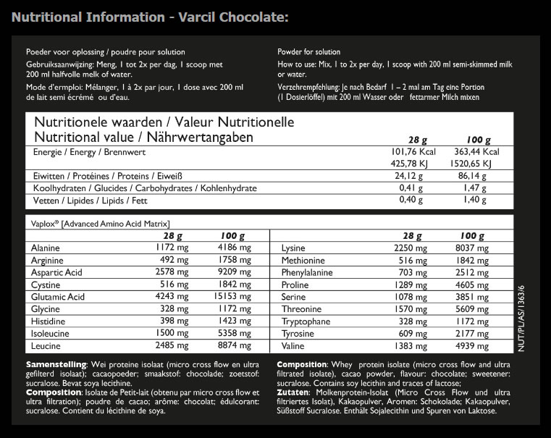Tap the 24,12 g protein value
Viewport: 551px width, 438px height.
coord(408,175)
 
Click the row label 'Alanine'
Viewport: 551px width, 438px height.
coord(45,248)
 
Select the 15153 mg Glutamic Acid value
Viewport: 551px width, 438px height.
coord(232,297)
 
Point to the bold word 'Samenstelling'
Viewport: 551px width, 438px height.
coord(56,363)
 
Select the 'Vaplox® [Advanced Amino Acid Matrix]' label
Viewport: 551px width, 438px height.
coord(98,224)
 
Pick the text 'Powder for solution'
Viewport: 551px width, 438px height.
coord(308,52)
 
